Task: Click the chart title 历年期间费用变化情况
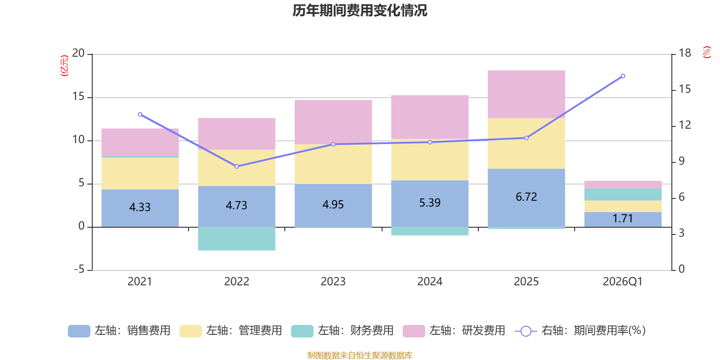(360, 10)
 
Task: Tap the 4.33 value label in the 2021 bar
(140, 207)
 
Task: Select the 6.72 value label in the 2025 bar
(526, 197)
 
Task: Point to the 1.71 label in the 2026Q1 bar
(623, 219)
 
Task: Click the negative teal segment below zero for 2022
(237, 238)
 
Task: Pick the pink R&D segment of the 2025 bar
(526, 94)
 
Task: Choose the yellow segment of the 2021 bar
(140, 173)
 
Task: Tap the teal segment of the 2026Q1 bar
(623, 194)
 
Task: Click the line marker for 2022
(237, 166)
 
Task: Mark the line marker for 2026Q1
(623, 76)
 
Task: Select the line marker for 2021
(140, 114)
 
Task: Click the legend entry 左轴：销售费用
(119, 331)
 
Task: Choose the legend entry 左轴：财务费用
(342, 331)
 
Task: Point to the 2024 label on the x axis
(430, 282)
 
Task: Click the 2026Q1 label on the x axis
(622, 282)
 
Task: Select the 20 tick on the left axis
(78, 54)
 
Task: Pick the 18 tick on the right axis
(684, 53)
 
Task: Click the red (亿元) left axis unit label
(64, 66)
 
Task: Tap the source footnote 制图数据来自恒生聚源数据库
(360, 355)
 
